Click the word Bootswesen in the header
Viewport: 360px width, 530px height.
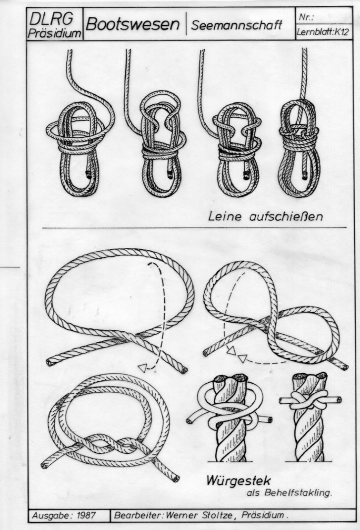pyautogui.click(x=132, y=24)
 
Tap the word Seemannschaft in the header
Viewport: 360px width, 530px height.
pyautogui.click(x=236, y=25)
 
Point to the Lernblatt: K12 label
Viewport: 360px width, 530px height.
pyautogui.click(x=322, y=32)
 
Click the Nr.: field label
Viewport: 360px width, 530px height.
pyautogui.click(x=306, y=17)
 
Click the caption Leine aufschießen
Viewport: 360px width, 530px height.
pyautogui.click(x=265, y=216)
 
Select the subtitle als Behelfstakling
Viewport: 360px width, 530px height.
pyautogui.click(x=289, y=492)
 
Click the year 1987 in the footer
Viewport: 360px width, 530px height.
pyautogui.click(x=86, y=516)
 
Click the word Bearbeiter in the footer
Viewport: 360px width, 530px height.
pyautogui.click(x=139, y=516)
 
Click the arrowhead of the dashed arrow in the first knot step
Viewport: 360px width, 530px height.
pyautogui.click(x=143, y=368)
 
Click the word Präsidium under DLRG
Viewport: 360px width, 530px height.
pyautogui.click(x=54, y=33)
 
